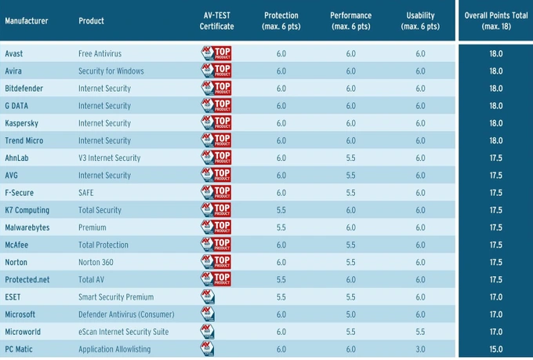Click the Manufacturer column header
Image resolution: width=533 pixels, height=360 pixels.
[x=27, y=20]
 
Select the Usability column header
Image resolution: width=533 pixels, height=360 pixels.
[x=420, y=20]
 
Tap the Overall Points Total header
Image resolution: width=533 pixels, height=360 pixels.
[x=495, y=20]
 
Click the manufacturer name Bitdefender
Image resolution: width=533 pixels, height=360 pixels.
[x=24, y=89]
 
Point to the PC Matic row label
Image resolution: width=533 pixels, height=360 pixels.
[x=20, y=349]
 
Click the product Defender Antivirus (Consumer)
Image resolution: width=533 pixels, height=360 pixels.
[x=125, y=315]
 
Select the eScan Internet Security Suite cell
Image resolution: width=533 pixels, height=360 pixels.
[x=123, y=332]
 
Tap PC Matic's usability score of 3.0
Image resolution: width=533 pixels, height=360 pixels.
[x=420, y=349]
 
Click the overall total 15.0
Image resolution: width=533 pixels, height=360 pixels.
[x=495, y=349]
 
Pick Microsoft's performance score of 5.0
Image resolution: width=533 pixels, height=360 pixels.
[x=350, y=315]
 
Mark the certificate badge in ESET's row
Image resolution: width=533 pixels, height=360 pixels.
[x=208, y=297]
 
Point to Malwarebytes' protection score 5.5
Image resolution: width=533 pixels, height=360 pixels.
[x=281, y=227]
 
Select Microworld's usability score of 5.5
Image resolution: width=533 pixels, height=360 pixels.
[x=420, y=332]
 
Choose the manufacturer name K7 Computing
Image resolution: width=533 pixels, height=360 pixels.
[x=27, y=210]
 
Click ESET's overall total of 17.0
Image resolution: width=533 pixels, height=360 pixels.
[x=495, y=297]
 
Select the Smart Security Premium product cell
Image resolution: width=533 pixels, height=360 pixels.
[x=116, y=297]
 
